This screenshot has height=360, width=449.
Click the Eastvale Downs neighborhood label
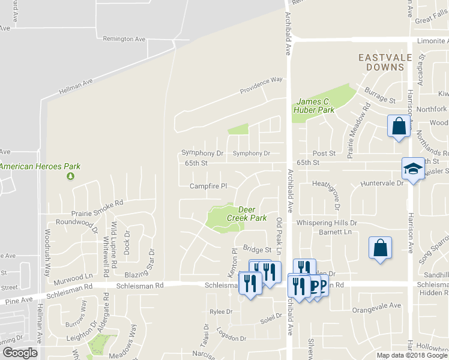tap(382, 62)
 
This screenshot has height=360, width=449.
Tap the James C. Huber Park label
tap(314, 106)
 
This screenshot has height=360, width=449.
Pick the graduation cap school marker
tap(412, 168)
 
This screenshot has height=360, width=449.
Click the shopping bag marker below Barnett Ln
tap(381, 248)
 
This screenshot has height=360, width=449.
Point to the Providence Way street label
tap(261, 85)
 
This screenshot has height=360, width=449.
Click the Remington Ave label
tap(124, 39)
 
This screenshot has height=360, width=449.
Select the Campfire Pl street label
tap(208, 186)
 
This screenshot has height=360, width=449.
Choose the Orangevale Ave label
tap(376, 305)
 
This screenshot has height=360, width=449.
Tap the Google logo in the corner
tap(20, 353)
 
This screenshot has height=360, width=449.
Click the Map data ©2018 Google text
tap(412, 355)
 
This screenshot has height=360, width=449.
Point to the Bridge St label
tap(258, 248)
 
